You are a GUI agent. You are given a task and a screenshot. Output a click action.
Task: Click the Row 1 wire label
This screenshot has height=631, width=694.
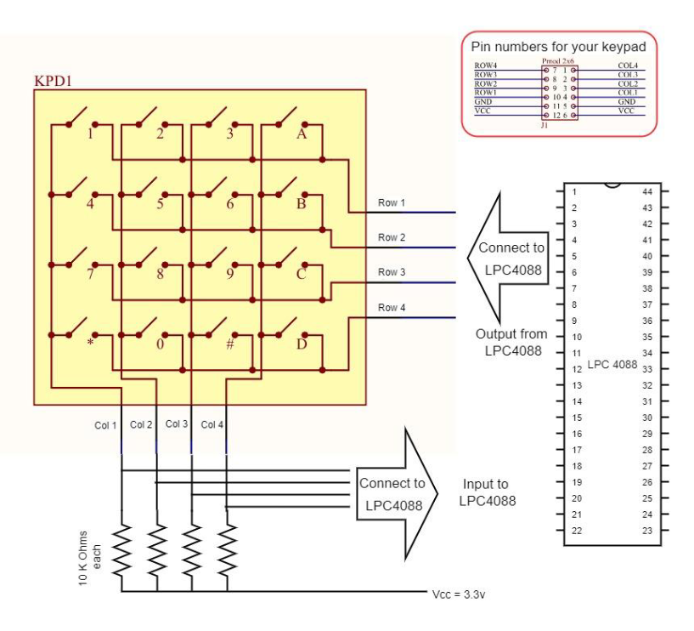392,202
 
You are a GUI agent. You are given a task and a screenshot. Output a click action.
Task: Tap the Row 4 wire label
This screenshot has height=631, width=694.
392,307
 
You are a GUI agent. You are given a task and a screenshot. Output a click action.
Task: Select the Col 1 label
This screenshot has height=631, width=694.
105,424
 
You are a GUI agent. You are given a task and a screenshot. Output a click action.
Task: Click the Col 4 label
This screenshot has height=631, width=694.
212,424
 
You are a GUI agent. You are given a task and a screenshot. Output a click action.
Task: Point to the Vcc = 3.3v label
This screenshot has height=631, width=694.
458,594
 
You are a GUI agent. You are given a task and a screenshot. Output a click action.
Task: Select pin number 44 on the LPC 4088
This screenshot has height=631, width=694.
648,191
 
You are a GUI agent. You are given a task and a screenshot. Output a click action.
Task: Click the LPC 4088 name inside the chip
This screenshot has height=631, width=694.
612,364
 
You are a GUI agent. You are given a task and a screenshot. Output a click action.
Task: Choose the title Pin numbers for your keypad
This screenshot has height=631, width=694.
559,48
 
